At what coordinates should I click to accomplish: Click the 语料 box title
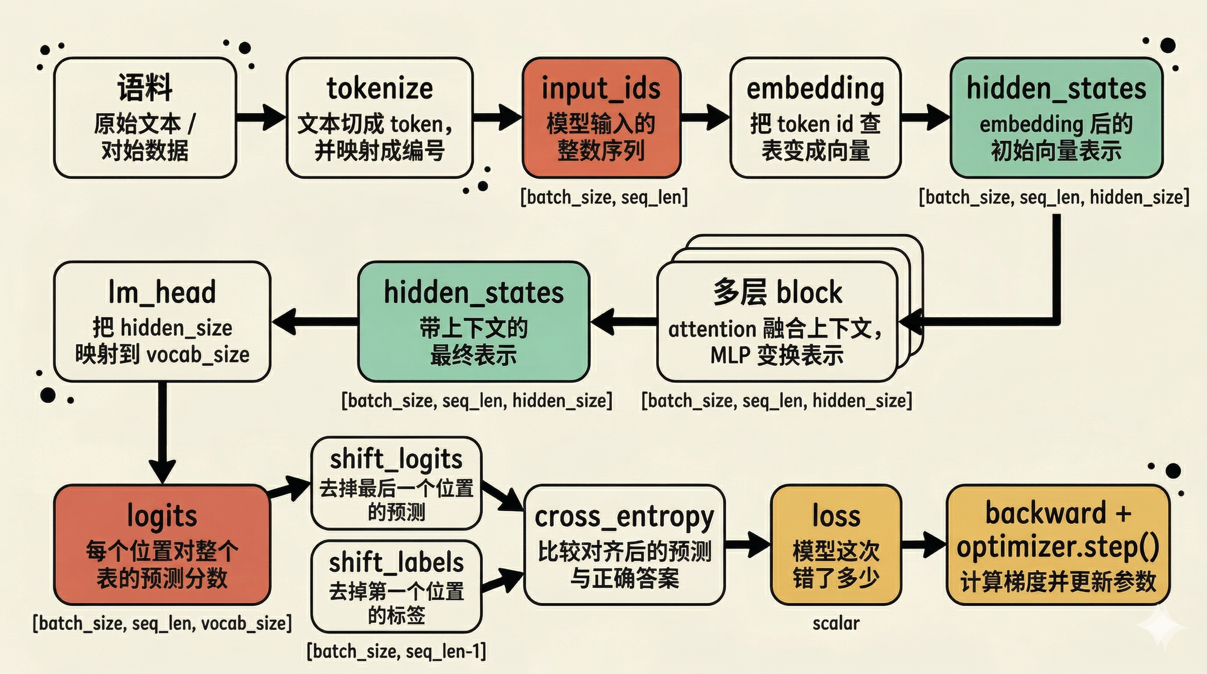(145, 88)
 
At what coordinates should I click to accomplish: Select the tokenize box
(379, 118)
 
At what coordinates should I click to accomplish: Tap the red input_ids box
(601, 118)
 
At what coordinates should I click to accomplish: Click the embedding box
(815, 118)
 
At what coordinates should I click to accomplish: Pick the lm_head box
(162, 322)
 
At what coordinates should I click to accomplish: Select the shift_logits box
(396, 483)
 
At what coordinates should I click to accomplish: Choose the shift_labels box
(396, 586)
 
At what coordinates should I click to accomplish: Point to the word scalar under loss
(836, 624)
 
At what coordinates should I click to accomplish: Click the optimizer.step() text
(1058, 546)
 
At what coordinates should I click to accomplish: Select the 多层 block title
(777, 293)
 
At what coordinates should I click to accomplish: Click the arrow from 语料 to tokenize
(261, 117)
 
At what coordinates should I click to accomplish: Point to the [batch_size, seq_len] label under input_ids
(604, 197)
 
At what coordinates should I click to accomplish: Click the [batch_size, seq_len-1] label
(396, 651)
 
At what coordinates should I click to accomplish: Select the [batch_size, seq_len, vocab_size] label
(162, 624)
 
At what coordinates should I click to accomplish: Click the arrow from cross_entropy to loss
(747, 545)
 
